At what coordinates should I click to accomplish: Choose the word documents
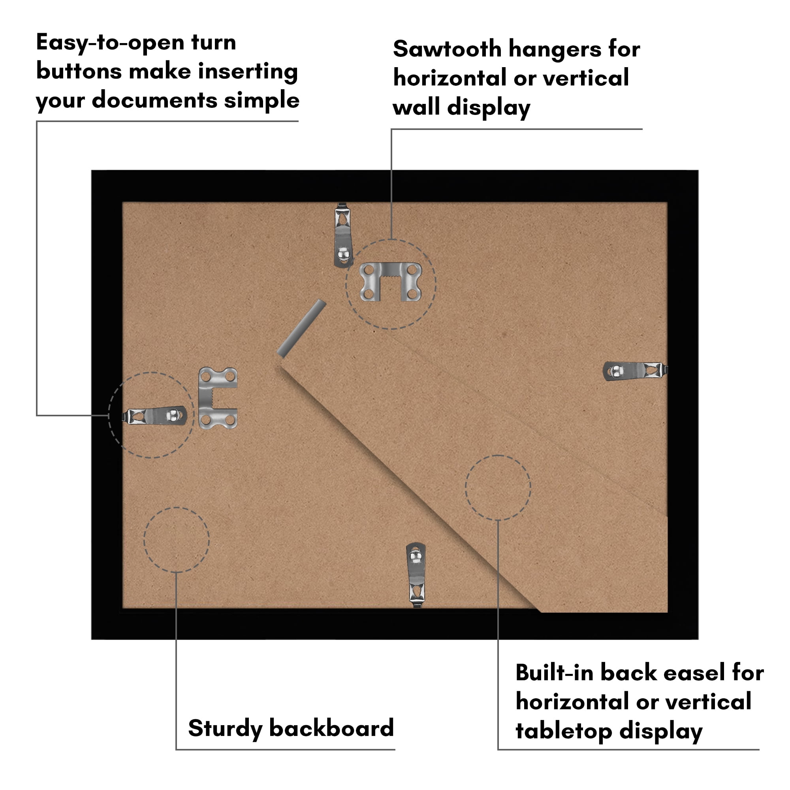[x=154, y=100]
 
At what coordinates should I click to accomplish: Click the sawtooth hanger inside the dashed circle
[x=391, y=282]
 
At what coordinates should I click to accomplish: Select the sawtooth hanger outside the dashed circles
[x=217, y=398]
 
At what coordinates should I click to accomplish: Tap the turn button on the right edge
[x=635, y=371]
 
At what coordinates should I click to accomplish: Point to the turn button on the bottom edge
[x=416, y=574]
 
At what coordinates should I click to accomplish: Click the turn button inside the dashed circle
[x=155, y=416]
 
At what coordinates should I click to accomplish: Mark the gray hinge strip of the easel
[x=301, y=328]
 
